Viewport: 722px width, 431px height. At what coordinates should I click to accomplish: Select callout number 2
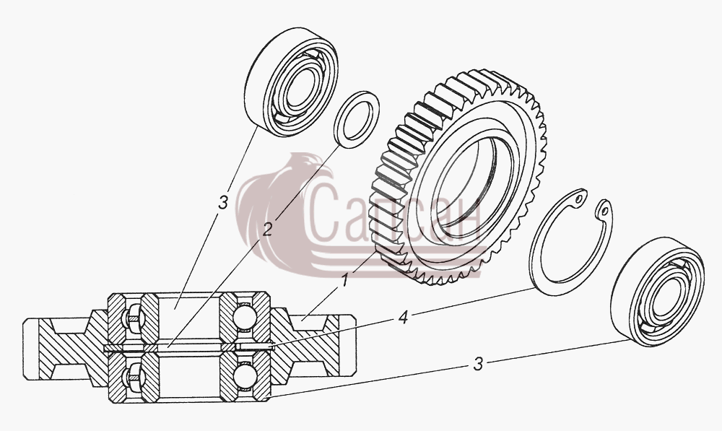[x=267, y=229]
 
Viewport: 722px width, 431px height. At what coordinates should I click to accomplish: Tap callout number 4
[x=403, y=317]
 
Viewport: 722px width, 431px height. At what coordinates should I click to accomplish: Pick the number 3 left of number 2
[x=223, y=202]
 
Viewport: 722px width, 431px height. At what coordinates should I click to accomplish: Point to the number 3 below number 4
[x=479, y=365]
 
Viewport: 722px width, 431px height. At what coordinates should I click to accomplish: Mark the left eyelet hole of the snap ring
[x=578, y=199]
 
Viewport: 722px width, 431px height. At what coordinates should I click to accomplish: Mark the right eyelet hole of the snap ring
[x=604, y=212]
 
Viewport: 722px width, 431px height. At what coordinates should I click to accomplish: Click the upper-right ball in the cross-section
[x=244, y=318]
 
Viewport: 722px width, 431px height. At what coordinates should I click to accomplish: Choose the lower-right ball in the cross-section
[x=244, y=375]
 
